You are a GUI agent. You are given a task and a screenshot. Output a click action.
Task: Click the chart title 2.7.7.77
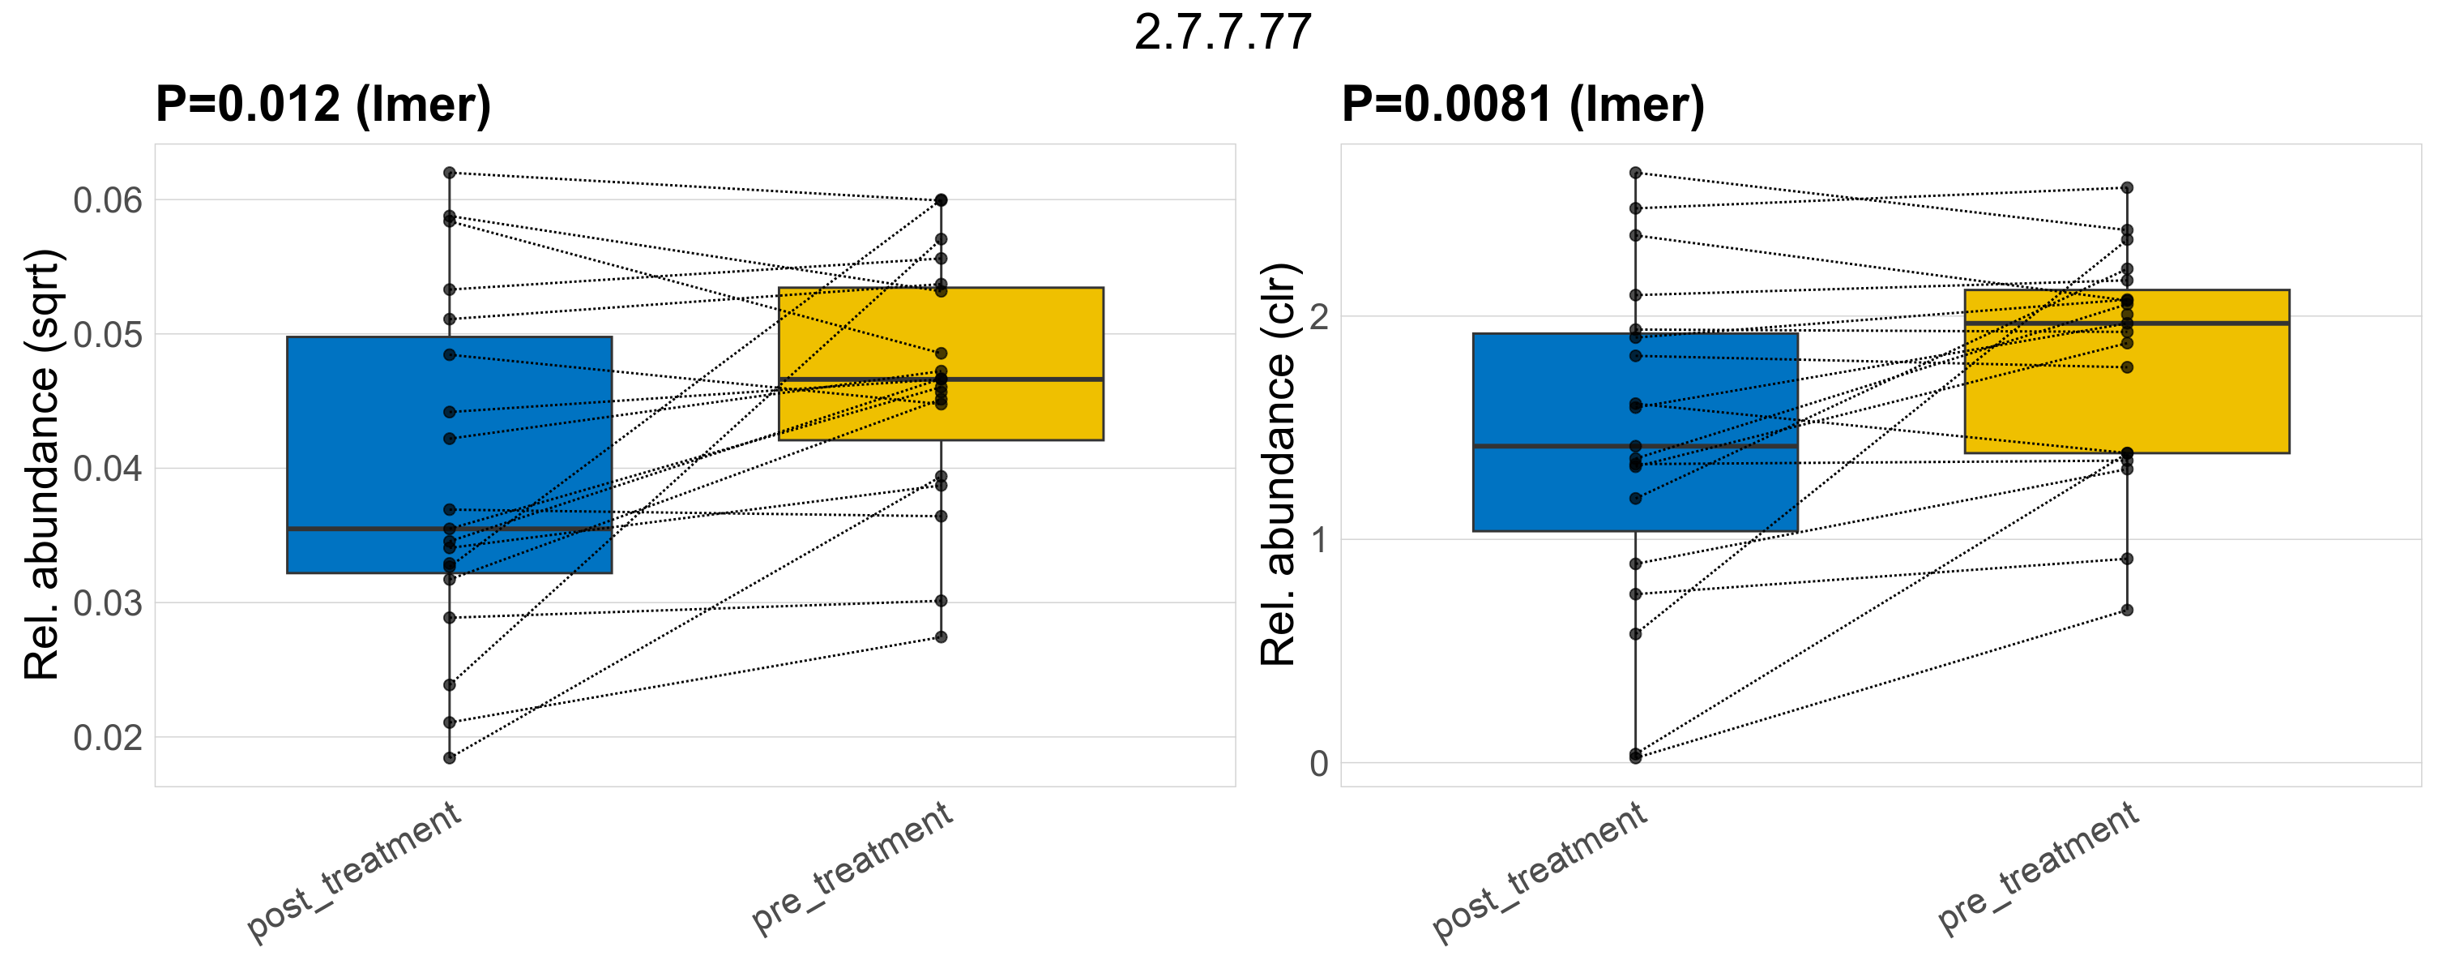pos(1223,32)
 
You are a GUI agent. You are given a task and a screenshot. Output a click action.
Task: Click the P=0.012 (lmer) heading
pos(323,104)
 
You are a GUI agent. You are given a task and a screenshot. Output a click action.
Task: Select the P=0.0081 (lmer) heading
pos(1522,104)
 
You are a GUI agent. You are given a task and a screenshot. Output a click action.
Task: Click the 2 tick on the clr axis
pos(1318,316)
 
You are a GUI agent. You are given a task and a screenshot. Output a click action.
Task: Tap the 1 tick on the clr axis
pos(1318,540)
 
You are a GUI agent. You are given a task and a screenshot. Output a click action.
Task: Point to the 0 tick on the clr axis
pos(1318,763)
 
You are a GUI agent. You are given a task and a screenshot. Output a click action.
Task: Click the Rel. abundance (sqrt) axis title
pos(42,465)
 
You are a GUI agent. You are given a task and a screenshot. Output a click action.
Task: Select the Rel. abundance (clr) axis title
pos(1278,465)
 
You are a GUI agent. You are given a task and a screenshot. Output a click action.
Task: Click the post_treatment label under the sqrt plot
pos(354,872)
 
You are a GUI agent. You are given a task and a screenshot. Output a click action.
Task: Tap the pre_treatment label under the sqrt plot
pos(852,867)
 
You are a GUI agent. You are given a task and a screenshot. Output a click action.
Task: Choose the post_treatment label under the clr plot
pos(1540,872)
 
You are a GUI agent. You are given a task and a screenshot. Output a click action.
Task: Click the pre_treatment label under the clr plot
pos(2038,867)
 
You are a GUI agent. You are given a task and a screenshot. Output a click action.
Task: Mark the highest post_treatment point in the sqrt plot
pos(450,173)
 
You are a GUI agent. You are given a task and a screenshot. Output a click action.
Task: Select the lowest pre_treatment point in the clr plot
pos(2127,610)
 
